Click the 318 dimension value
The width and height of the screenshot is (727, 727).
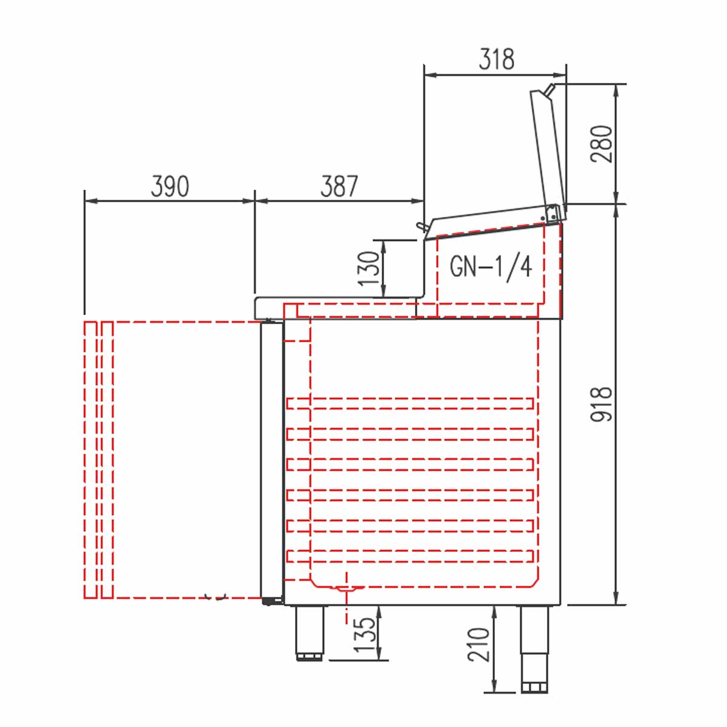coord(496,59)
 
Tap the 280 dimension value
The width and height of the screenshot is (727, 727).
coord(601,144)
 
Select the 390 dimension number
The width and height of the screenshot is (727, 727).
coord(170,187)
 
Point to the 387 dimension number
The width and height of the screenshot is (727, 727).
coord(339,187)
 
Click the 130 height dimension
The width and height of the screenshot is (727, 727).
coord(368,268)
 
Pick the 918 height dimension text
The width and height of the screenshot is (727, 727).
coord(601,403)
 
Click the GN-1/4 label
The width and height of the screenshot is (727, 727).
coord(491,267)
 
